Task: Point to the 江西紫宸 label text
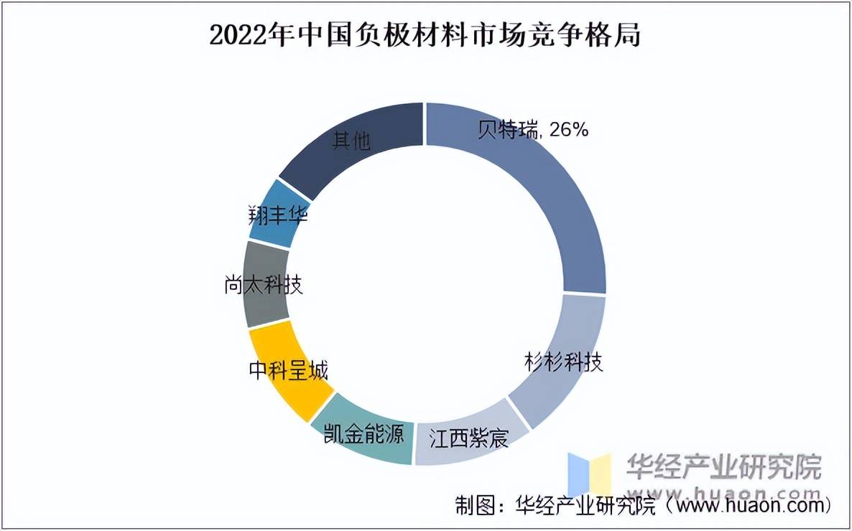[468, 438]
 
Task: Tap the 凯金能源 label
[364, 433]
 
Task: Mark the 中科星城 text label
[287, 371]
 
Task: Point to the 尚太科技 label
[263, 285]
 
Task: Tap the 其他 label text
[351, 140]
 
